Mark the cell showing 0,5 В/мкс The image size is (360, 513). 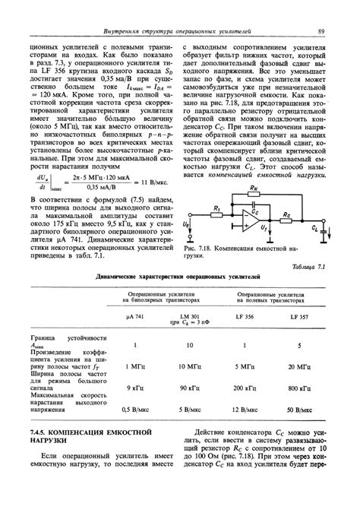[x=134, y=408]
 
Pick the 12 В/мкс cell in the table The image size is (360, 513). [x=245, y=408]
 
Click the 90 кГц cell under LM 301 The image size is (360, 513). [x=189, y=388]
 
